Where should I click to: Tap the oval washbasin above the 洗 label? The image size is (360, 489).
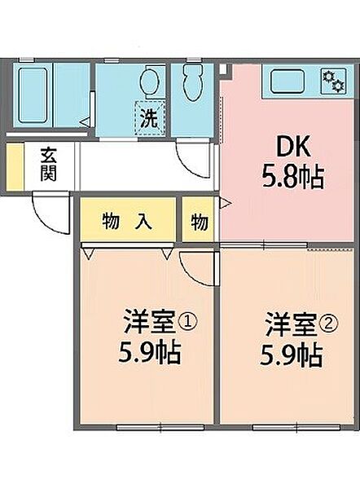(148, 81)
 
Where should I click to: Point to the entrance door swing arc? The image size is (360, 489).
(47, 214)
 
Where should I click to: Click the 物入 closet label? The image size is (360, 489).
(127, 220)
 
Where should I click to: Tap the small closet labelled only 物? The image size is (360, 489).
(200, 221)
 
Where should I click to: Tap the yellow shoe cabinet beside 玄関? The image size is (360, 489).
(13, 165)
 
